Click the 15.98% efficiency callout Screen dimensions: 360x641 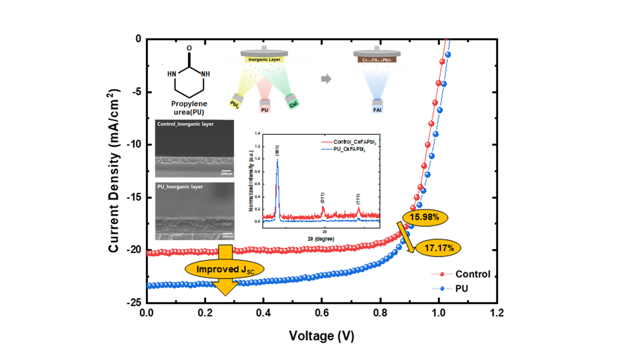(x=425, y=218)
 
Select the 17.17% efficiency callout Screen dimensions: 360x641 (x=436, y=248)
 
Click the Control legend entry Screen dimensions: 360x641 (x=472, y=274)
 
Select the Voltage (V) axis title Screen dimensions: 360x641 (x=322, y=336)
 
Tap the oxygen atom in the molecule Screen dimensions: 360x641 (x=189, y=49)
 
